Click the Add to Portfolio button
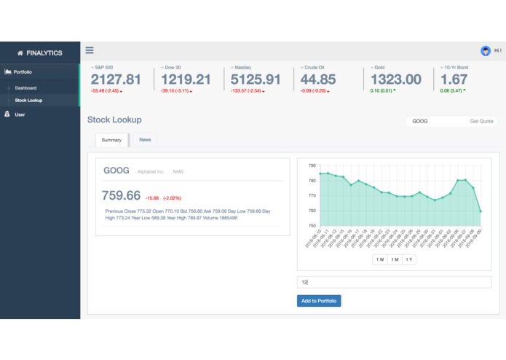tap(319, 300)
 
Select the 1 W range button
tap(379, 259)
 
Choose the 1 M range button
tap(394, 259)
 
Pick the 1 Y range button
tap(408, 259)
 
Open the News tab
tap(145, 139)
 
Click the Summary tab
tap(111, 139)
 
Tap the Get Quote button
tap(481, 121)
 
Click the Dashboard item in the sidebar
tap(25, 87)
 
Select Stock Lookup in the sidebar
tap(28, 100)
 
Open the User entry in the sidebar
tap(20, 114)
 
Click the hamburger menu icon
tap(90, 50)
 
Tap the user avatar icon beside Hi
tap(486, 50)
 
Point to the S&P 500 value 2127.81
tap(116, 79)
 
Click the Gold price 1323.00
tap(395, 79)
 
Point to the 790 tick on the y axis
tap(312, 165)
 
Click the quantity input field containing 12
tap(394, 282)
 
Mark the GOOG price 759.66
tap(122, 195)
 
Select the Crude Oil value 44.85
tap(318, 79)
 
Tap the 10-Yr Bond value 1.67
tap(454, 79)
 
